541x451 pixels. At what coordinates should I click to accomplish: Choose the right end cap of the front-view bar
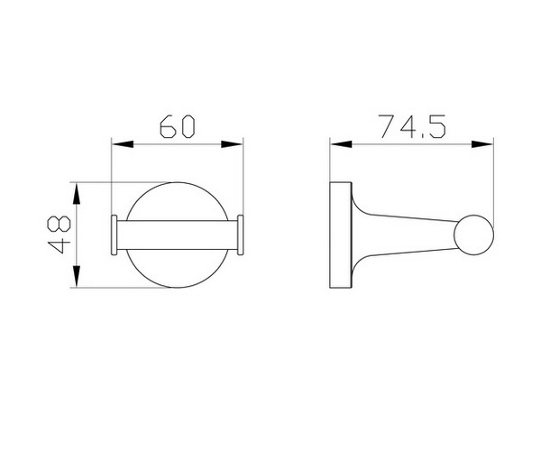pos(242,236)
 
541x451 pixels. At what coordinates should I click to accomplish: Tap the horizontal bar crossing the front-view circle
pos(178,236)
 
